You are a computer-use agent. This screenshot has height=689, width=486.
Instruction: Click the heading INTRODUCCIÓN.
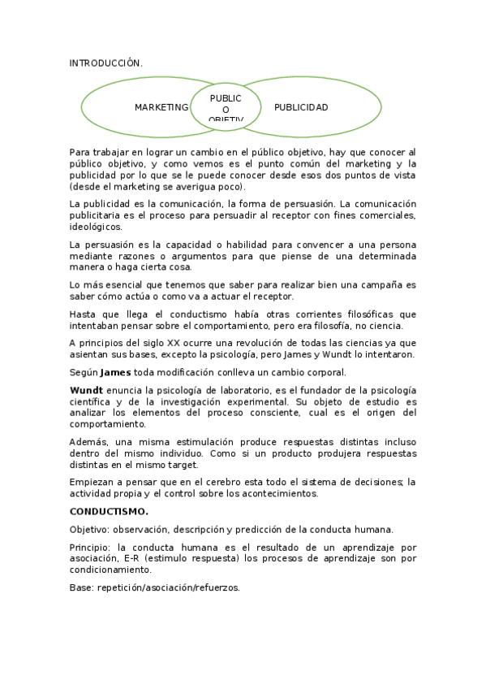(x=106, y=63)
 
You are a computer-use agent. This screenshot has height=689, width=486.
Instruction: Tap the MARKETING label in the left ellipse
(x=161, y=107)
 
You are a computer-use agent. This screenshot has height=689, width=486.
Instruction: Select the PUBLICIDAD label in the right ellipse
(x=301, y=107)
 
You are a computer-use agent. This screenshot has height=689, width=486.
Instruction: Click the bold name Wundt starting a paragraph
(x=84, y=390)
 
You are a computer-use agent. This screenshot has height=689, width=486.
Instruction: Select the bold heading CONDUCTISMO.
(x=109, y=512)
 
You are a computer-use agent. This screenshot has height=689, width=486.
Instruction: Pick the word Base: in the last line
(x=81, y=587)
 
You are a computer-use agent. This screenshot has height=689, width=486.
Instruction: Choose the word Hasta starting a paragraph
(x=82, y=314)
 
